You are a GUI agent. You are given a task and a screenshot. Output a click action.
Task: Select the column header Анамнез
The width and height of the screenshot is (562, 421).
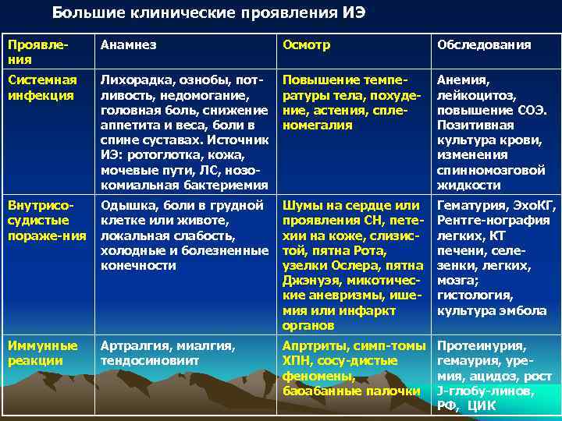[128, 45]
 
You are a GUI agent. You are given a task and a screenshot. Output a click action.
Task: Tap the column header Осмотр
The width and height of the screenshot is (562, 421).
[306, 45]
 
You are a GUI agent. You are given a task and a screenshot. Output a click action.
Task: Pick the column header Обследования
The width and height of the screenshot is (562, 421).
[484, 45]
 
